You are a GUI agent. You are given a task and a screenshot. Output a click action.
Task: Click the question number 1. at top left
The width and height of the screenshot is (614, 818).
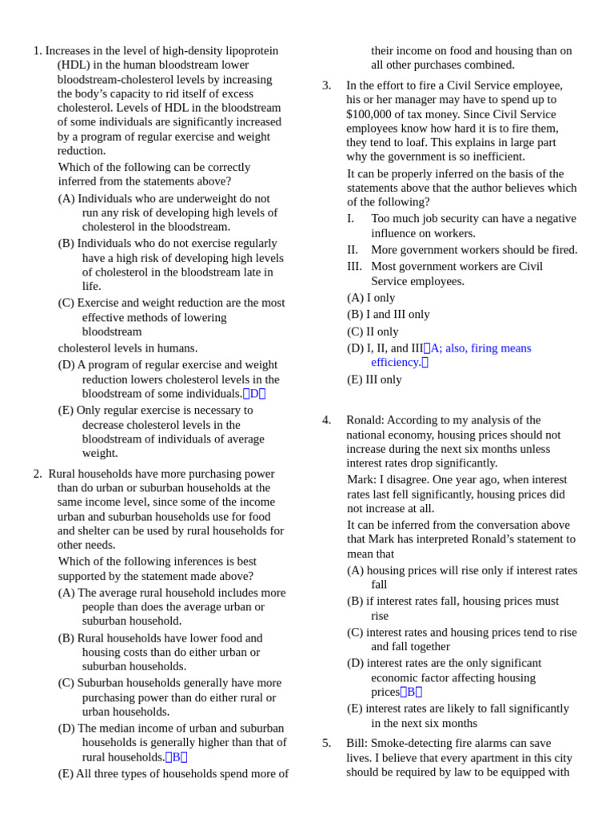coord(38,51)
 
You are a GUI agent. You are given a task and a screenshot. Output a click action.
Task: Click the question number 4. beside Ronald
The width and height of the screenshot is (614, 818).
coord(326,420)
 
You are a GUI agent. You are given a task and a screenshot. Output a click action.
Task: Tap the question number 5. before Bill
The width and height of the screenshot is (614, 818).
coord(326,743)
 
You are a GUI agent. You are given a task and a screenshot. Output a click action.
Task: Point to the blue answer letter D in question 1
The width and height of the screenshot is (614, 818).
coord(254,394)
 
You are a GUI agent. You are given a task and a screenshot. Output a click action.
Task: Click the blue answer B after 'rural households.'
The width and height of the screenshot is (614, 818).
coord(177,757)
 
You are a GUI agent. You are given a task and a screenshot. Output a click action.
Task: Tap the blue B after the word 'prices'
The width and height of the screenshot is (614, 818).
coord(411,693)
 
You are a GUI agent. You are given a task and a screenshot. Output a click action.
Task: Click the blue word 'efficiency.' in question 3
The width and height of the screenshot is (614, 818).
coord(396,363)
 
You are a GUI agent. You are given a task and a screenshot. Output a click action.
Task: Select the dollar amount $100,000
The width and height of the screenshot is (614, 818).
coord(373,114)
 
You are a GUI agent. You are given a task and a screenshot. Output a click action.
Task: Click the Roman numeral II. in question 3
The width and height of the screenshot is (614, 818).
coord(353,250)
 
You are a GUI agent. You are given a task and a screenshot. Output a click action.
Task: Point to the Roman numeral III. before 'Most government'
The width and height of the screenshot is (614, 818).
coord(354,267)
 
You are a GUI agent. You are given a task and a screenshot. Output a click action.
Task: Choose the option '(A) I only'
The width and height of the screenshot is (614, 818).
coord(371,298)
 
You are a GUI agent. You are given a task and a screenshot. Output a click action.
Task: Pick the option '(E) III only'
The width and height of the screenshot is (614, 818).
coord(374,380)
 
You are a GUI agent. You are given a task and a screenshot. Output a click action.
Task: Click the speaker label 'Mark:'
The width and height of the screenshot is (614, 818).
coord(361,480)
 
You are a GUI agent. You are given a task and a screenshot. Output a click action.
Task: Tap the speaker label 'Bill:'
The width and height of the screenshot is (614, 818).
coord(357,743)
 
